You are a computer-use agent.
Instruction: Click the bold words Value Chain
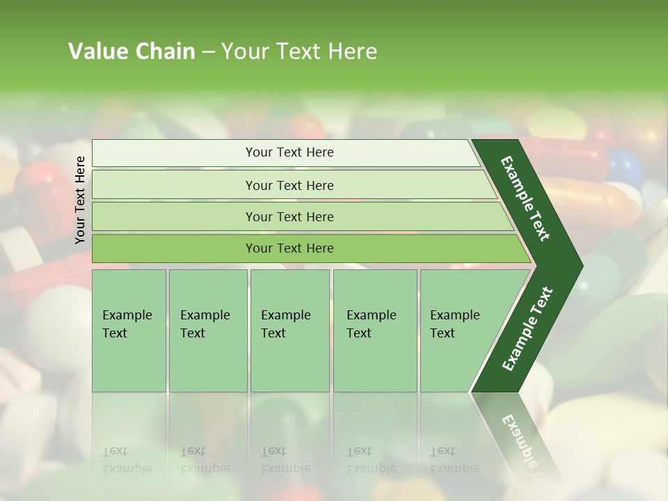[132, 51]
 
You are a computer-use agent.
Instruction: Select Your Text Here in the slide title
[299, 51]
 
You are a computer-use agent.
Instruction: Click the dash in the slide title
[208, 52]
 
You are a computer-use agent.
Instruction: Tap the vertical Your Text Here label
[80, 200]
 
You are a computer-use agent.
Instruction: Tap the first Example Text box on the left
[129, 330]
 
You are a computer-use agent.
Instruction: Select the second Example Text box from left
[207, 330]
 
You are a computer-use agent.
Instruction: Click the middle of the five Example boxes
[289, 330]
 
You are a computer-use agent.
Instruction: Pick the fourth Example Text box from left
[374, 330]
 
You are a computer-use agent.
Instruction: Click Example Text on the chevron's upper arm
[525, 198]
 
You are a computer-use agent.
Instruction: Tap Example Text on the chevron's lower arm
[527, 328]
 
